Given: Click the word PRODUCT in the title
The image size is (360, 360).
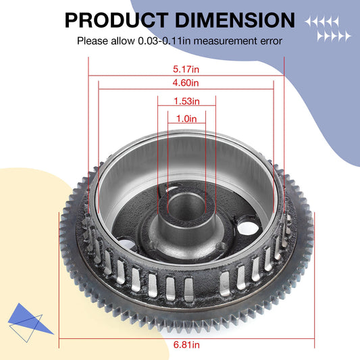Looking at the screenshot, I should (114, 19).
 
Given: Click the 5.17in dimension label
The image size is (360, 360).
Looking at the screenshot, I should (186, 68).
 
